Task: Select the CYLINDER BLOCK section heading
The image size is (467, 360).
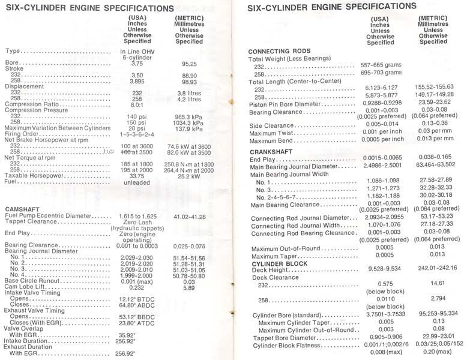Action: (280, 263)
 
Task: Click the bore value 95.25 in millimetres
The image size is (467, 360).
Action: (190, 62)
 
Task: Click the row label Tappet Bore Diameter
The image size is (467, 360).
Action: (290, 338)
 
